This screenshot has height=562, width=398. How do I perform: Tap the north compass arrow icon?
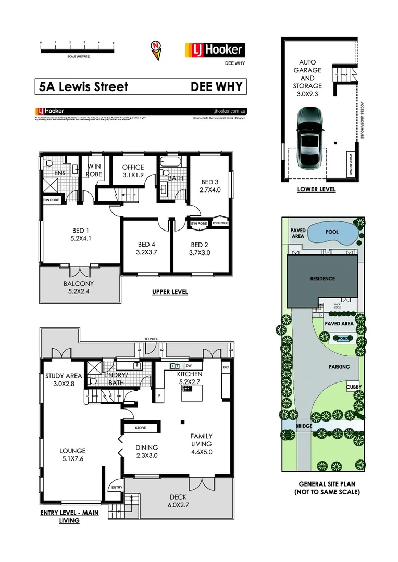pyautogui.click(x=156, y=50)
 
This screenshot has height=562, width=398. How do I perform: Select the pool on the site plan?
pyautogui.click(x=332, y=233)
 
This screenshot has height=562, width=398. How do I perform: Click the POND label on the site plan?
pyautogui.click(x=342, y=338)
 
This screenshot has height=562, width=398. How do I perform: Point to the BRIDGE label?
pyautogui.click(x=304, y=426)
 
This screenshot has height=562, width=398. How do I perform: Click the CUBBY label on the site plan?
pyautogui.click(x=354, y=387)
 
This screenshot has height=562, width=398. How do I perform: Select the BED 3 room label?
pyautogui.click(x=210, y=186)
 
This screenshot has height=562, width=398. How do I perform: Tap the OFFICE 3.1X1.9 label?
pyautogui.click(x=132, y=171)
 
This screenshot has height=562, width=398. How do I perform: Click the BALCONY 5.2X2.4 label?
pyautogui.click(x=78, y=288)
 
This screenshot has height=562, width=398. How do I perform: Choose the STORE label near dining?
pyautogui.click(x=140, y=428)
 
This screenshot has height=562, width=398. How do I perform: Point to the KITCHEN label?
pyautogui.click(x=190, y=378)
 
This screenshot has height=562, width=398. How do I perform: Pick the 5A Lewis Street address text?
pyautogui.click(x=84, y=86)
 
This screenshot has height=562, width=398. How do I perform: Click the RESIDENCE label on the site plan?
pyautogui.click(x=322, y=279)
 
